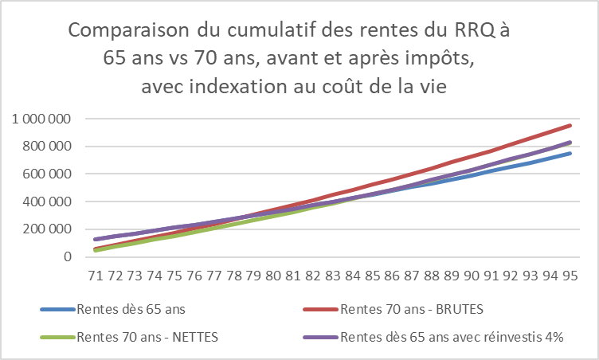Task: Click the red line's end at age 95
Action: (570, 125)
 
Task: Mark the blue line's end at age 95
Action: (570, 153)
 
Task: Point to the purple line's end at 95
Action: (570, 143)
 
